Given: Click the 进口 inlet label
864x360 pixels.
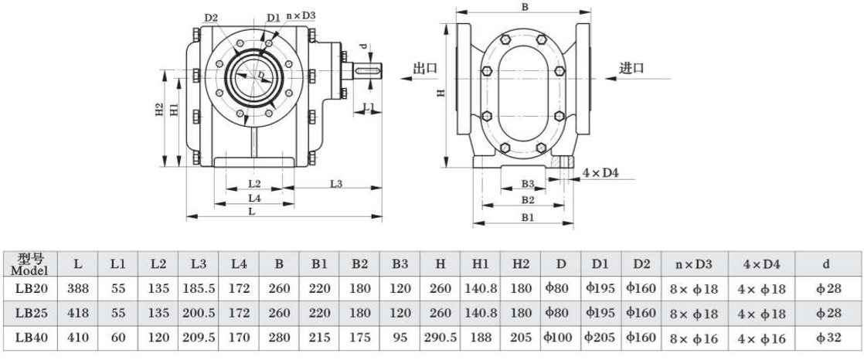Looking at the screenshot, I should [x=631, y=68].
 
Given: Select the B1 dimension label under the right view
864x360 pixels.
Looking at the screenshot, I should [x=527, y=219].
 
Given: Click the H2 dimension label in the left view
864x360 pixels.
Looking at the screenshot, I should [x=158, y=110].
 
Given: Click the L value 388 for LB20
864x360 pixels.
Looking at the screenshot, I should [x=79, y=289].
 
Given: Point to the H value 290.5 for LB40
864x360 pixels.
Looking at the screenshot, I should [x=440, y=337].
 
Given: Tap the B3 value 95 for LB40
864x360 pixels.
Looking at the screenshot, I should [x=400, y=337].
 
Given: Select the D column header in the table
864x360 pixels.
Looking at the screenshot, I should [x=560, y=264].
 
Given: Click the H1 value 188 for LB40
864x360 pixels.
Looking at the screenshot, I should [x=480, y=337].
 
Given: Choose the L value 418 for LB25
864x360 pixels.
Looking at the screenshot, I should [x=79, y=313].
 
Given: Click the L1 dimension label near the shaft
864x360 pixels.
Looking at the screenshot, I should [x=369, y=106].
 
